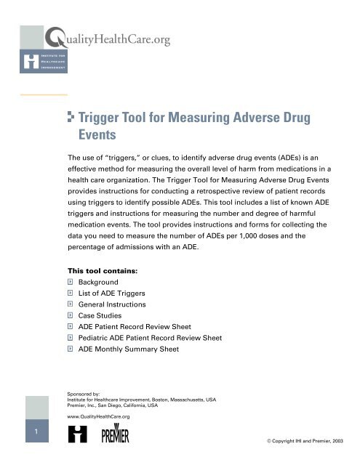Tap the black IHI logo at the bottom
(x=77, y=436)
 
